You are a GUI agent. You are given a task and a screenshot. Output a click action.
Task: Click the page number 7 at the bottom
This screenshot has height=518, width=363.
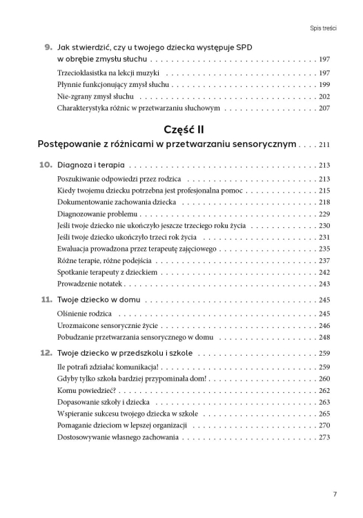pos(335,494)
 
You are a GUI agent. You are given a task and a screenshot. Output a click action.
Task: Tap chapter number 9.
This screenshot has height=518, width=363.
pos(48,47)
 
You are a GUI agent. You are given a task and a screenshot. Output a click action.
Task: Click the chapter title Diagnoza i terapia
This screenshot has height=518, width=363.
pos(92,166)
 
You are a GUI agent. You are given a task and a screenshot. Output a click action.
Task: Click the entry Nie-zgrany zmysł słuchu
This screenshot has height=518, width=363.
pos(96,97)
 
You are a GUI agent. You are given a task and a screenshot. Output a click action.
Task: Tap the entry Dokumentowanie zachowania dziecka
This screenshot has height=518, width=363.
pos(117,202)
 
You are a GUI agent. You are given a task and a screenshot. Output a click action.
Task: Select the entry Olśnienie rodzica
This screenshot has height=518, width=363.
pos(86,314)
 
